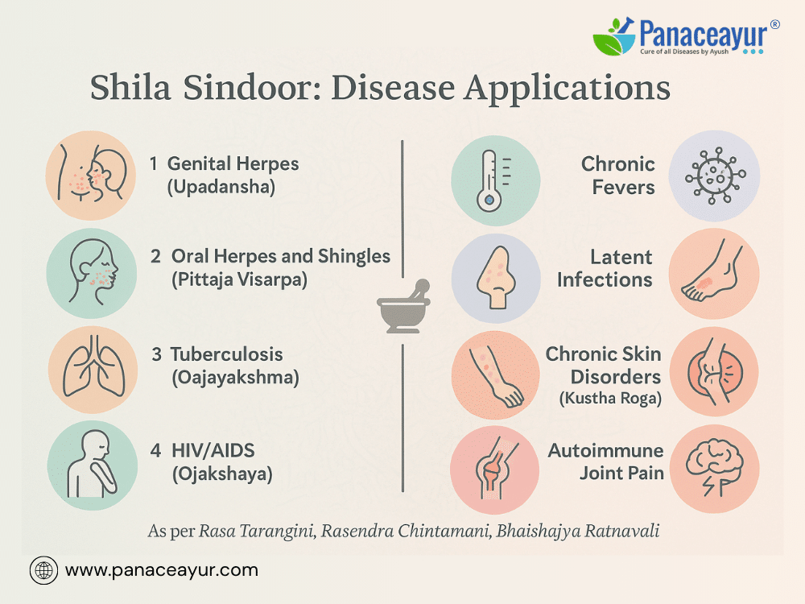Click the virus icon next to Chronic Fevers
[x=715, y=176]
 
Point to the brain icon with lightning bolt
[x=715, y=467]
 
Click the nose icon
[x=495, y=277]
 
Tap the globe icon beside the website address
[x=43, y=571]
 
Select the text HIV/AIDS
[x=213, y=450]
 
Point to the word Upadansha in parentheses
[x=221, y=187]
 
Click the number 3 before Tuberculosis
[x=157, y=354]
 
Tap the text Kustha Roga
[x=610, y=399]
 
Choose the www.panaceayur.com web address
[x=162, y=570]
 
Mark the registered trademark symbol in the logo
[x=774, y=24]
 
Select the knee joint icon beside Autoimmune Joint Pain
[x=494, y=469]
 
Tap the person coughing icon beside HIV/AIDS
[x=93, y=465]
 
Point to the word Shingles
[x=354, y=256]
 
